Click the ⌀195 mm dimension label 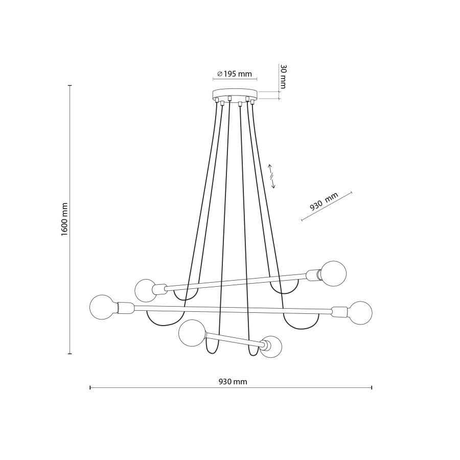click(235, 74)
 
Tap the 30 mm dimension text click(282, 77)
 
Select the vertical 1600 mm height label click(64, 219)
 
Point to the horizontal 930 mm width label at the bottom click(233, 382)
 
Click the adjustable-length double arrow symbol click(273, 176)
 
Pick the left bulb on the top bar click(146, 290)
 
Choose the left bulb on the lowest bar click(190, 333)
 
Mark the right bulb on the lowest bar click(271, 348)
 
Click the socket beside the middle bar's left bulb click(125, 308)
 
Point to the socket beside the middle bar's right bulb click(338, 311)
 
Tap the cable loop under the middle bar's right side click(301, 322)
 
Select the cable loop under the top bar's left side click(185, 295)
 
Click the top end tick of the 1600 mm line click(70, 85)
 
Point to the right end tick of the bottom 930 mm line click(372, 387)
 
